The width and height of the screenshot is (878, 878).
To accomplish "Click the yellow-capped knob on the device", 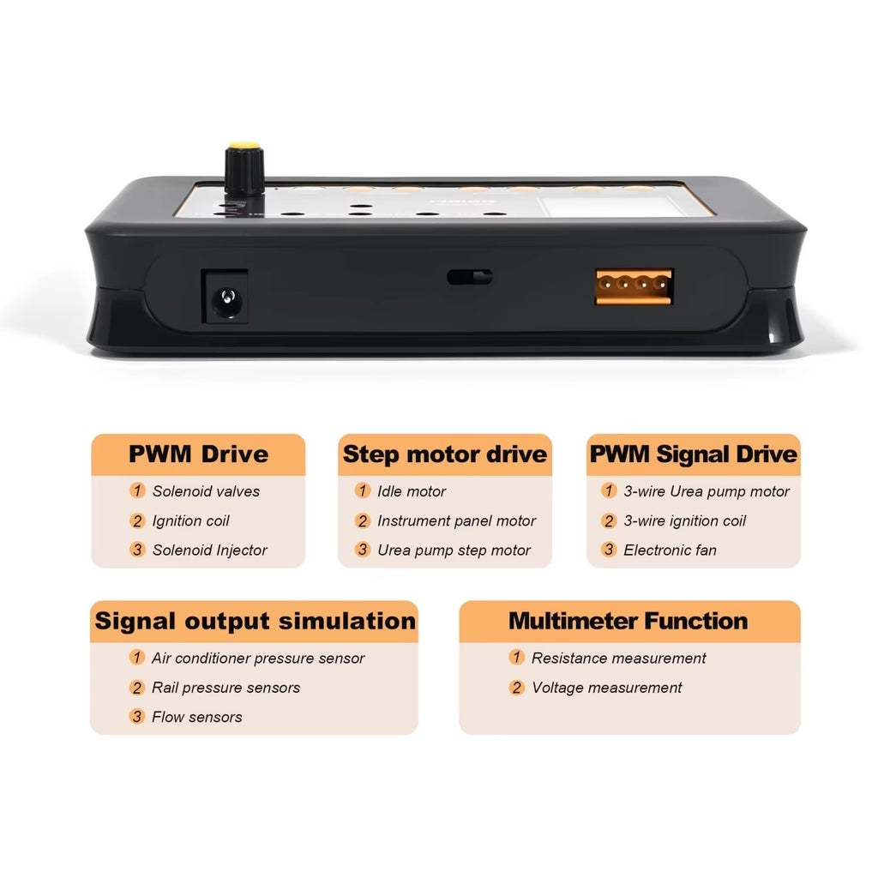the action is (x=244, y=168).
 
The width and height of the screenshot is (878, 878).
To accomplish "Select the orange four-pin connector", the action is (x=634, y=286).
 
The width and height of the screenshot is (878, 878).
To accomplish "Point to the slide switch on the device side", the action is (x=470, y=277).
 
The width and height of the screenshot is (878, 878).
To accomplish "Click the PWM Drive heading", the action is (x=198, y=454).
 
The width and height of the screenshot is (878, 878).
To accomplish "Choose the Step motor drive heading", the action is (x=445, y=454).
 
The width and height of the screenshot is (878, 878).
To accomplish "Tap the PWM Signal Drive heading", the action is (x=693, y=454).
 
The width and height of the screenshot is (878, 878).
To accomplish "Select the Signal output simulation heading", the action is (x=255, y=621).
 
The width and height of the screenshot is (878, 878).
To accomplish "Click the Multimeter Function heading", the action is (x=628, y=621).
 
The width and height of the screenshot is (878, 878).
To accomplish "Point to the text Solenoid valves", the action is (x=206, y=491).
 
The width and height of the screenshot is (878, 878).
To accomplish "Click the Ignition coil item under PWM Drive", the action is (x=191, y=520).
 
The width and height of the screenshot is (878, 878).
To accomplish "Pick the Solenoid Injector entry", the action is (x=210, y=550).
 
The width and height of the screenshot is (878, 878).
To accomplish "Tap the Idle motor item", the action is (x=412, y=491).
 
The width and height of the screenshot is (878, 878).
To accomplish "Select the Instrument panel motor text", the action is (x=456, y=520).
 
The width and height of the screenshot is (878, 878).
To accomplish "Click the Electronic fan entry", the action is (x=671, y=550).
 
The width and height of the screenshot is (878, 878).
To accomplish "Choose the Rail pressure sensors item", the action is (x=226, y=687).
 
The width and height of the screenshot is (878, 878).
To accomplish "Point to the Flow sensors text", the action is (x=197, y=717).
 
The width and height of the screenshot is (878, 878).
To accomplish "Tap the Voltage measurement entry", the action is (x=607, y=687).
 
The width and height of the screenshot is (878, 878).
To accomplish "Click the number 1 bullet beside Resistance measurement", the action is (x=516, y=657).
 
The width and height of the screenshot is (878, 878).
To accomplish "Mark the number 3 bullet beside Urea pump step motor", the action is (x=363, y=550).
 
